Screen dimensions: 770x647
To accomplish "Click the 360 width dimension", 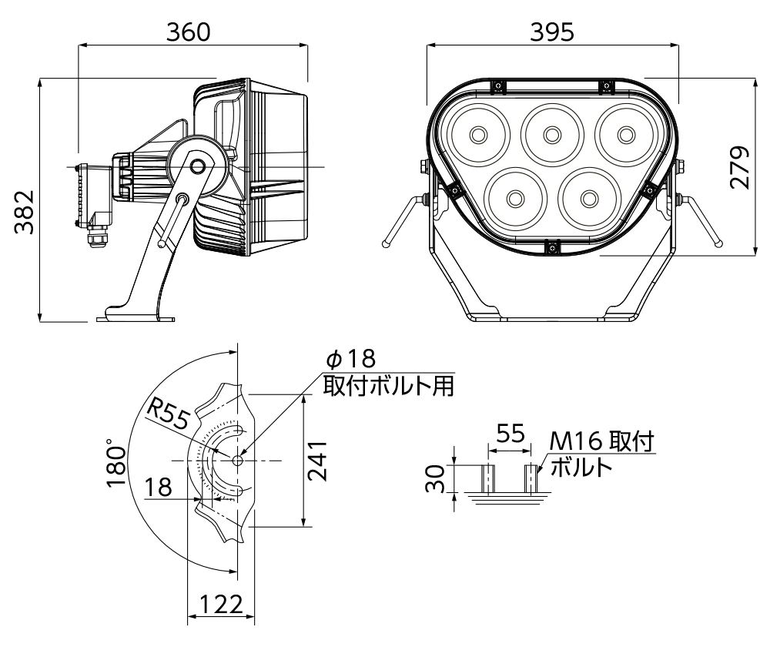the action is coord(188,32).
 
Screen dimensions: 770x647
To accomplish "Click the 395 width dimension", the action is coord(552,32).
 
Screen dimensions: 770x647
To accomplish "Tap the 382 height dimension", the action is coord(24,212).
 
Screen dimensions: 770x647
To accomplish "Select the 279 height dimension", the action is coord(739,167).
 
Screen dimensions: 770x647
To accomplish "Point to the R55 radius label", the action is coord(169,414).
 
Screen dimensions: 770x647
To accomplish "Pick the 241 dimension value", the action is coord(317,461).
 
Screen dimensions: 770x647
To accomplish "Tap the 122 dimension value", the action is coord(221,605).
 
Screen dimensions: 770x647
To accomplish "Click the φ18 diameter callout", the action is coord(351,359).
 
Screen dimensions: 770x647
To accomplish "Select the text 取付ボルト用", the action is coord(388,386).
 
